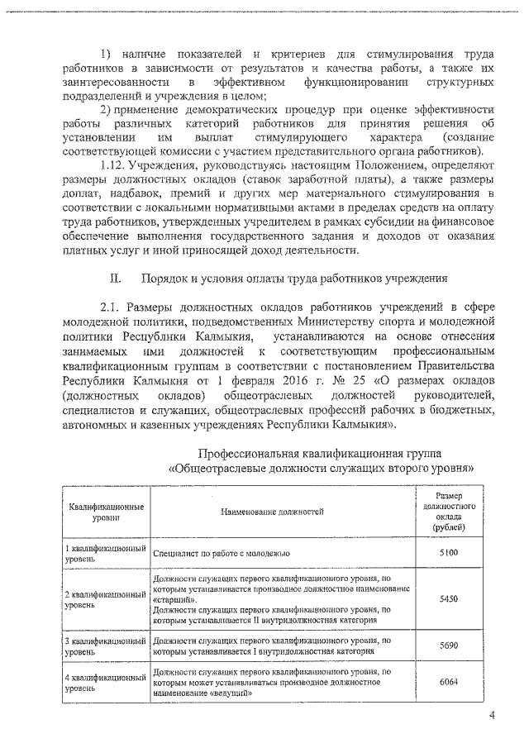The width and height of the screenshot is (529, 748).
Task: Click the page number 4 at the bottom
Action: click(491, 716)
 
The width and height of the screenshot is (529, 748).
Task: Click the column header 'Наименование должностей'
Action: click(272, 512)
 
